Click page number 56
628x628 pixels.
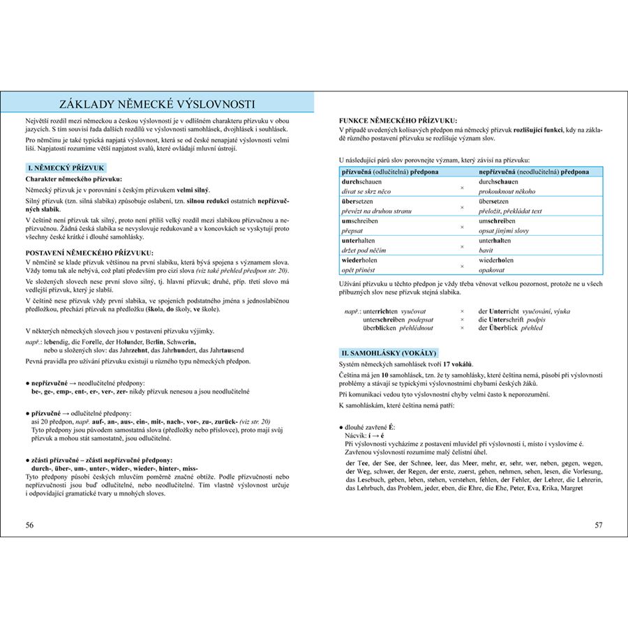coord(29,525)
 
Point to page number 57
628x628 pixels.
coord(598,525)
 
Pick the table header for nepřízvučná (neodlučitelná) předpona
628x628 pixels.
coord(534,172)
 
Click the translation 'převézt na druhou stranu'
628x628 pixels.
coord(375,211)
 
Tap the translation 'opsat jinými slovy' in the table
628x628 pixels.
coord(504,230)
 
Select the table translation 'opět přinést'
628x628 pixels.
coord(359,269)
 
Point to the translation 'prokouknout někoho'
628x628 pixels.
coord(507,191)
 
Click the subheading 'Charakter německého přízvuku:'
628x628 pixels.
coord(73,179)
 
